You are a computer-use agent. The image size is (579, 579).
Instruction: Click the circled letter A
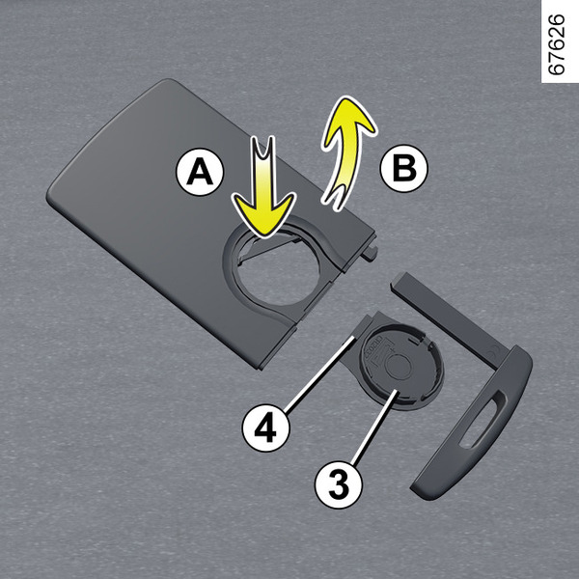point(200,172)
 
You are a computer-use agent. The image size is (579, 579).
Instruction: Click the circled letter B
point(404,168)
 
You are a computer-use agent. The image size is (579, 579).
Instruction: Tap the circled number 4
point(266,427)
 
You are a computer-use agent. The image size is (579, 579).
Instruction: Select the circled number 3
point(339,484)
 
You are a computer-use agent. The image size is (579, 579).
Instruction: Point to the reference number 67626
point(556,44)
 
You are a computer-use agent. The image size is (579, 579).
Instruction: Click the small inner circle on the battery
point(398,367)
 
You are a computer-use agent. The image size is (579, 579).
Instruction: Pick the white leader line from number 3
point(374,427)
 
